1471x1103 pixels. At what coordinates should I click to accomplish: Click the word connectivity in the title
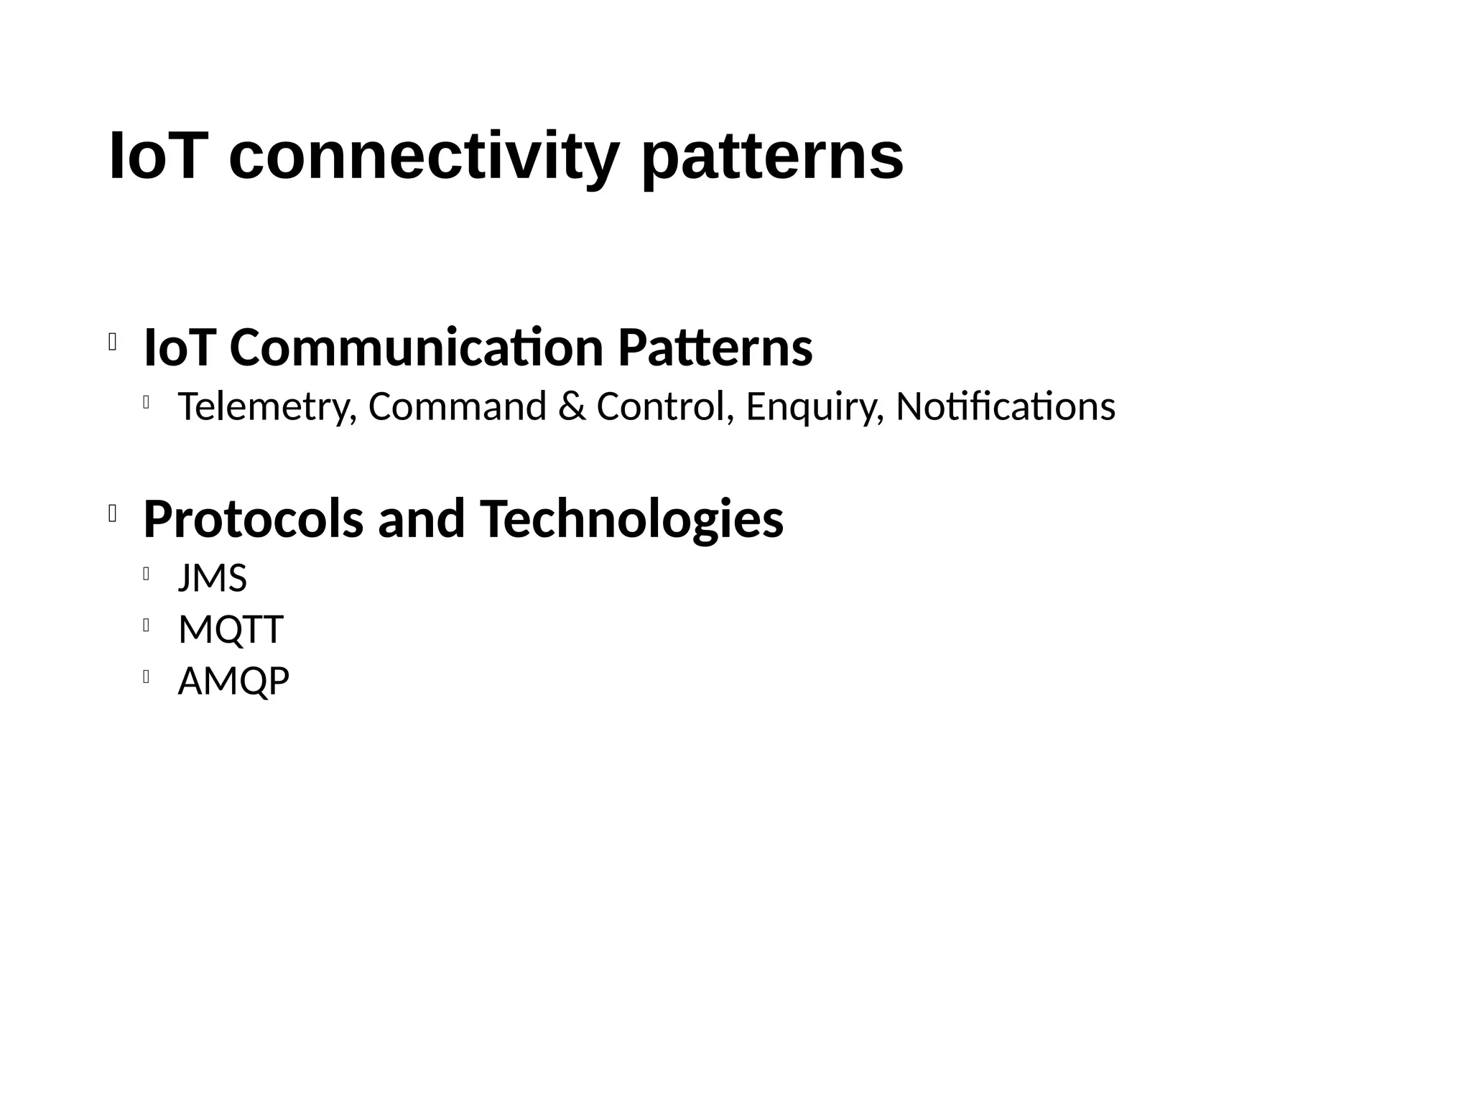424,157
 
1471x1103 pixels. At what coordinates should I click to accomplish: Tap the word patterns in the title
771,157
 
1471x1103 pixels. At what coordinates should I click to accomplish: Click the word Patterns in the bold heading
715,348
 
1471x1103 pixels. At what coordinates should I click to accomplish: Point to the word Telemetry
266,406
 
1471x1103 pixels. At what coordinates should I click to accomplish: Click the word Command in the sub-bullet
458,406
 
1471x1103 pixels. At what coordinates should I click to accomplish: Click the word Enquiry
815,406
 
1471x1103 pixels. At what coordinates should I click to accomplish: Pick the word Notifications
1006,406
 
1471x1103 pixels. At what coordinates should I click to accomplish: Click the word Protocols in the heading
254,518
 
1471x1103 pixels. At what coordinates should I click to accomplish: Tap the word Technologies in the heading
632,518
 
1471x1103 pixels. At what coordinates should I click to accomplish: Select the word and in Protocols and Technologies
421,518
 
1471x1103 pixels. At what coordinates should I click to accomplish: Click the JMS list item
212,578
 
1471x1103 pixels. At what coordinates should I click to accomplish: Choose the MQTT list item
231,630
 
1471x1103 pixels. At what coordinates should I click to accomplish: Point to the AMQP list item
233,681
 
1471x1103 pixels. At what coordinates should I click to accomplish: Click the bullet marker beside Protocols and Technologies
113,513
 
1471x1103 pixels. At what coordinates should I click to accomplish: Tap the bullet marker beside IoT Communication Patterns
113,343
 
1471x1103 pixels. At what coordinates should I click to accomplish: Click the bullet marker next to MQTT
146,625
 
